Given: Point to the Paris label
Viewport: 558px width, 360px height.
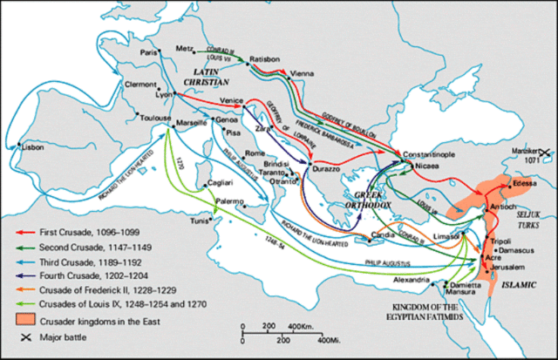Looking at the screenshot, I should tap(149, 52).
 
